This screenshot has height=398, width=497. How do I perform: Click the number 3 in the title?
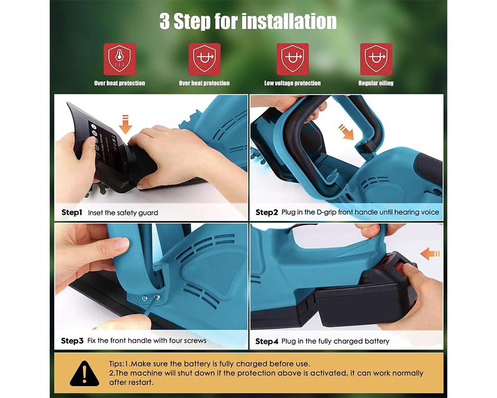click(165, 21)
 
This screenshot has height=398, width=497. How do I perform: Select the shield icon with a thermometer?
click(119, 59)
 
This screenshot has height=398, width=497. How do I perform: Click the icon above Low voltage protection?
click(292, 59)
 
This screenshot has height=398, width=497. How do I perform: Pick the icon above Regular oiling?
click(376, 59)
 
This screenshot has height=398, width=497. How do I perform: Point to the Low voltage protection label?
click(292, 83)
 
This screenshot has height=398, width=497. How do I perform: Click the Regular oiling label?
click(376, 83)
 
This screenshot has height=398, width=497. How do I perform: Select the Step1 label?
click(72, 212)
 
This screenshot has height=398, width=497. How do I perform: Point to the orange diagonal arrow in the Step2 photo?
click(346, 132)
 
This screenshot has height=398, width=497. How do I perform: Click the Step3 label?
click(72, 341)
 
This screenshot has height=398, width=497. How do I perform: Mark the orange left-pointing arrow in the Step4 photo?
click(430, 254)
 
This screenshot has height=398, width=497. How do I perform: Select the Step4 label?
click(266, 341)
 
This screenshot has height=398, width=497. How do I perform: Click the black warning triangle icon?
click(84, 373)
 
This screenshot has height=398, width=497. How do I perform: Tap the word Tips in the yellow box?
click(116, 364)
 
